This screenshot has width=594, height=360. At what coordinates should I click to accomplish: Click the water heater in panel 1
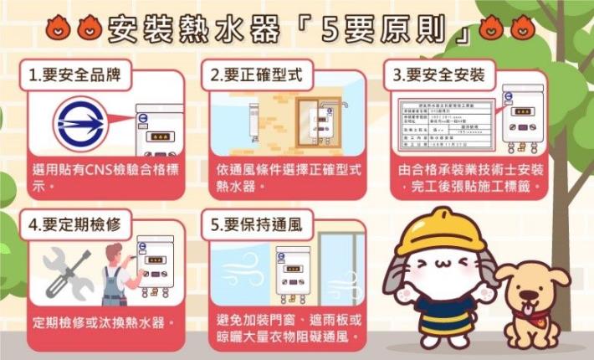tap(156, 130)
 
